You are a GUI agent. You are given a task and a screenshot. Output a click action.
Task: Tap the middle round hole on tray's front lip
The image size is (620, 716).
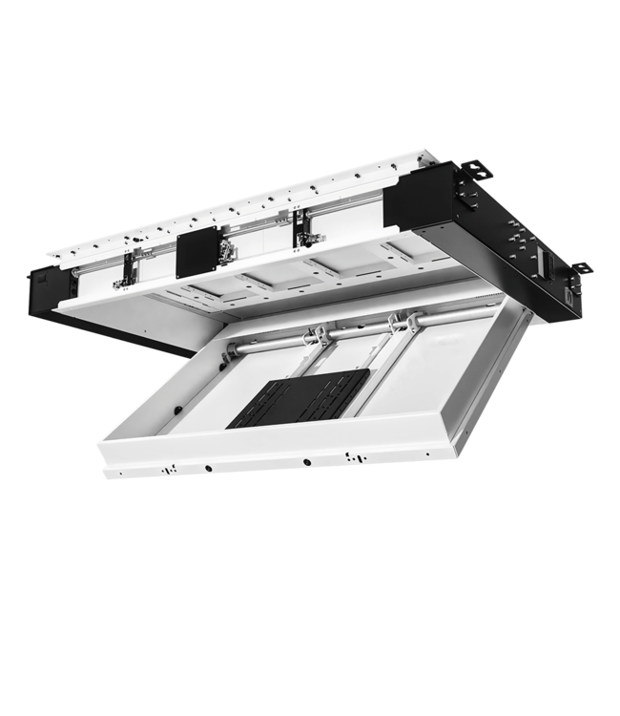point(307,461)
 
